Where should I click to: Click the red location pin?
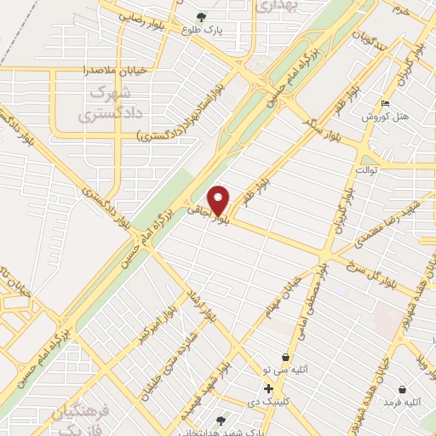click(219, 199)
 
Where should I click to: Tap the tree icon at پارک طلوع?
click(201, 16)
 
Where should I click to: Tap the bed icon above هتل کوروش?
click(386, 104)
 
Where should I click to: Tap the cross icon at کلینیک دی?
click(269, 388)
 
